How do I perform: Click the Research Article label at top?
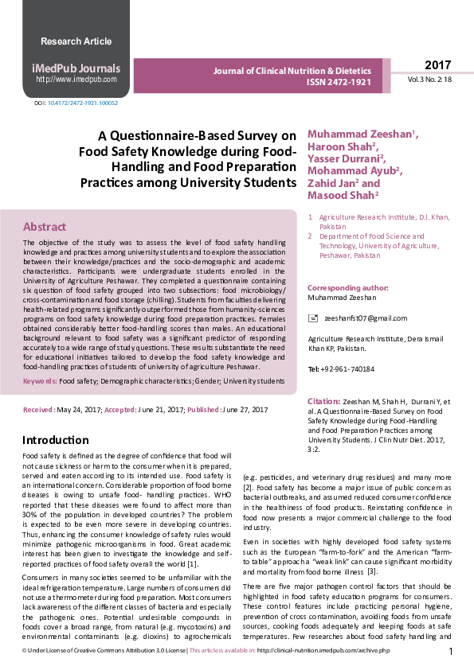click(x=76, y=41)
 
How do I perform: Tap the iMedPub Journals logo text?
click(x=76, y=68)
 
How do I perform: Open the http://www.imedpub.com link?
click(x=76, y=80)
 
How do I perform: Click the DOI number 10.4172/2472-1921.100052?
click(x=83, y=103)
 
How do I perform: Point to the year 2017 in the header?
click(x=437, y=64)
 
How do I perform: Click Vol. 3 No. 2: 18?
click(x=430, y=80)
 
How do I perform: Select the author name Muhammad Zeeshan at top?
click(x=350, y=134)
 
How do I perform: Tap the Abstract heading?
click(x=45, y=226)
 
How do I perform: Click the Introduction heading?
click(x=55, y=440)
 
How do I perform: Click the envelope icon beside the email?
click(x=312, y=317)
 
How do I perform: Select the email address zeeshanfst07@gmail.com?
click(x=365, y=318)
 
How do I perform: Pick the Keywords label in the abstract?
click(x=39, y=381)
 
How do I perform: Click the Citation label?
click(x=323, y=402)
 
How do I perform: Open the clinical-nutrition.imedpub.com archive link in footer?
click(x=323, y=651)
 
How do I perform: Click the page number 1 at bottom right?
click(x=451, y=652)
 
